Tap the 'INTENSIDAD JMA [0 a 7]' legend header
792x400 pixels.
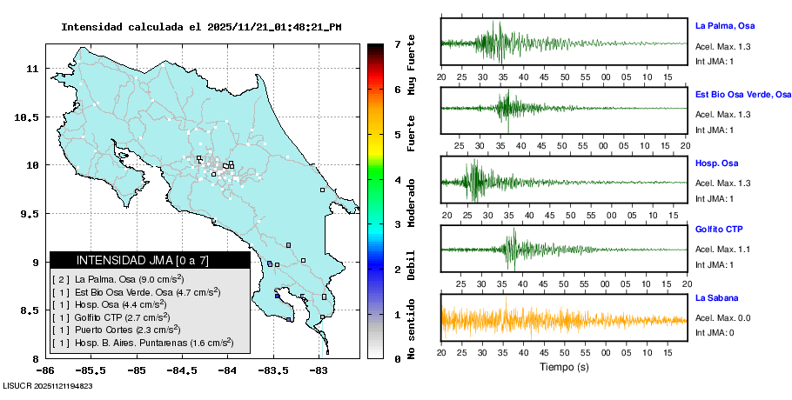tap(143, 260)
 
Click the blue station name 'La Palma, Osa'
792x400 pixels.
tap(724, 26)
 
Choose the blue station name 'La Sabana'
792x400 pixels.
tap(716, 297)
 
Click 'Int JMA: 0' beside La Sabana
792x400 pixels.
tap(715, 332)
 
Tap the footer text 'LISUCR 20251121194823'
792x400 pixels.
tap(48, 385)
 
